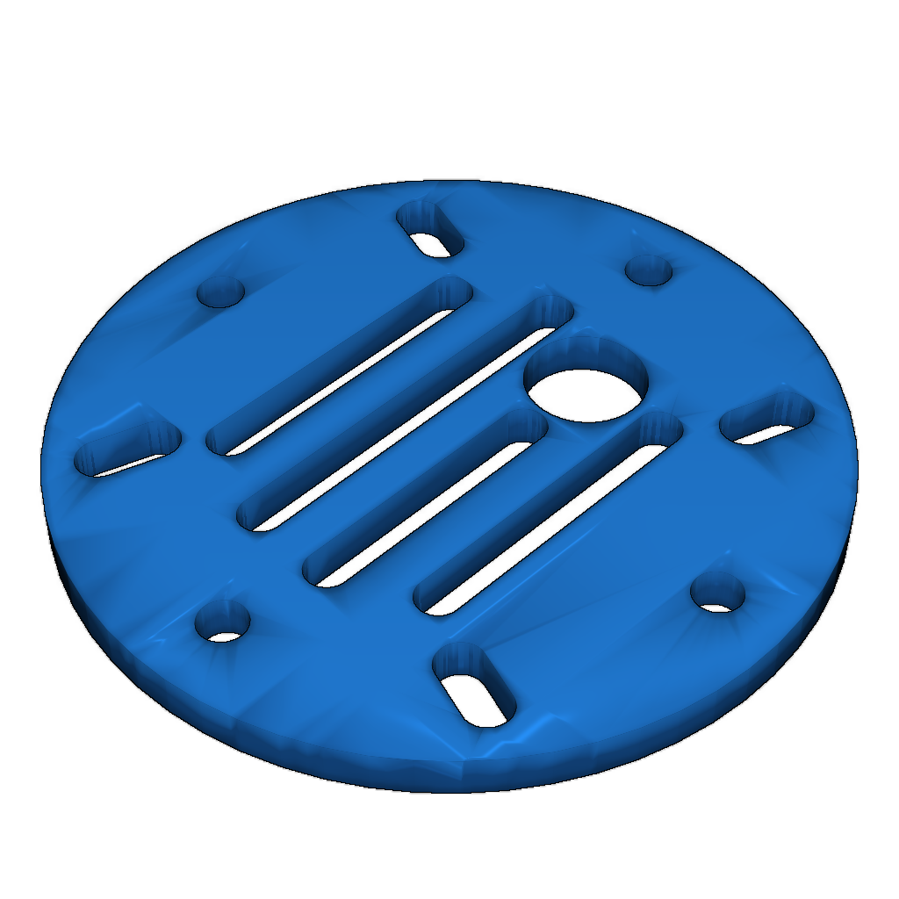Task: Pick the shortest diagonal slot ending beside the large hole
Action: click(426, 500)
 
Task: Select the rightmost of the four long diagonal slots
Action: click(549, 518)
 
